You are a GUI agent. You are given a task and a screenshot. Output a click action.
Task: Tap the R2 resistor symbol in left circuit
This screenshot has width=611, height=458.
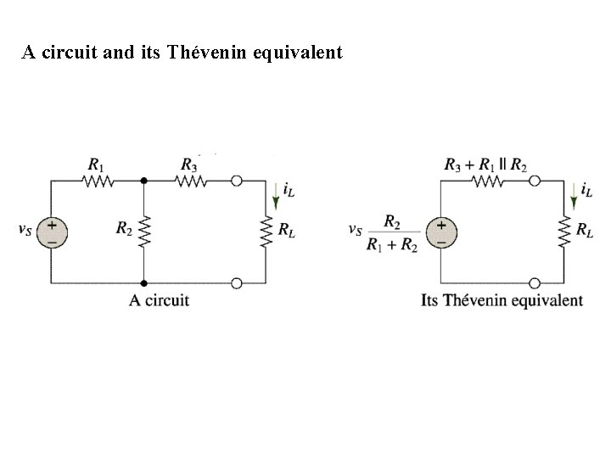click(143, 230)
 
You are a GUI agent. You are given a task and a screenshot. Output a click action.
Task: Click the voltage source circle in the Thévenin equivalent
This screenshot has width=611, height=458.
click(441, 231)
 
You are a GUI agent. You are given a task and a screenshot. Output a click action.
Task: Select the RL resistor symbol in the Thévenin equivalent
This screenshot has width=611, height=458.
click(564, 230)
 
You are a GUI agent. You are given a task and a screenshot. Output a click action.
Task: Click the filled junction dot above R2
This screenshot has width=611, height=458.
click(143, 180)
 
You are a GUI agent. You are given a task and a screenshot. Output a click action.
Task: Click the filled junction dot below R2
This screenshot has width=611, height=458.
click(143, 282)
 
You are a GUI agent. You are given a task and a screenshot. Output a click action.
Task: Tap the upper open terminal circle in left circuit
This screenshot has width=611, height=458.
click(237, 180)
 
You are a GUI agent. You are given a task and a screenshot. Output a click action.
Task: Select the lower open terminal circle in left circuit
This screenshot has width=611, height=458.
click(237, 282)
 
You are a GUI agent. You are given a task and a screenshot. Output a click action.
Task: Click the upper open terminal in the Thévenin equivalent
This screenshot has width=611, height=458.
click(534, 180)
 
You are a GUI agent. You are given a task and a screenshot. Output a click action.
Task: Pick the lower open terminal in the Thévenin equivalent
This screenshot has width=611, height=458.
click(534, 282)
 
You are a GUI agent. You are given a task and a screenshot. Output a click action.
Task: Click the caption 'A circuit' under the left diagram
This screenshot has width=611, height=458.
click(160, 299)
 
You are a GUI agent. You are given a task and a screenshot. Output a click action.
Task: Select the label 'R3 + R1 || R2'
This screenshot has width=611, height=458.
click(485, 163)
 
